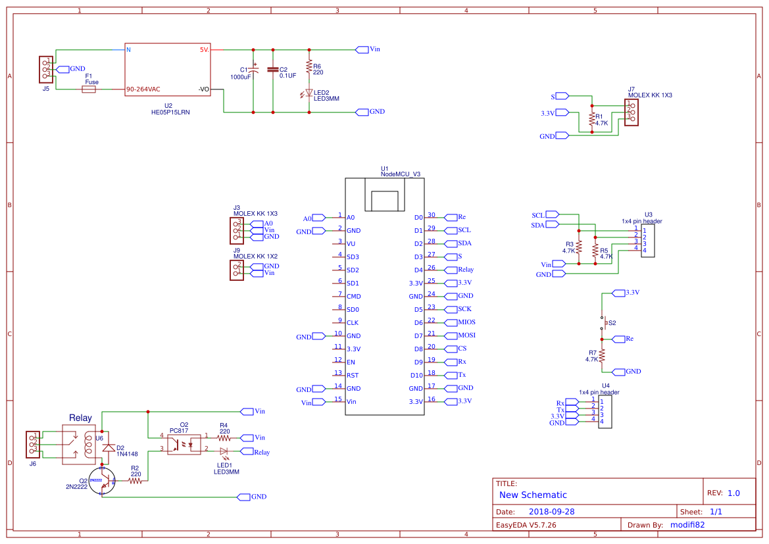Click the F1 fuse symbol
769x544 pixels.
pyautogui.click(x=89, y=89)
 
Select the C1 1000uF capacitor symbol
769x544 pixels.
pyautogui.click(x=254, y=70)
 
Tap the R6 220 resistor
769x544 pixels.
pyautogui.click(x=309, y=66)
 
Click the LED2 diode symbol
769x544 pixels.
pyautogui.click(x=309, y=93)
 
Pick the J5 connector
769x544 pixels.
pyautogui.click(x=46, y=69)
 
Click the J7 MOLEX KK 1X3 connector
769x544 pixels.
pyautogui.click(x=631, y=112)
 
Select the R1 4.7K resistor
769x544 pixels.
pyautogui.click(x=592, y=119)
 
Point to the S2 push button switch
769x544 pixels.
pyautogui.click(x=601, y=322)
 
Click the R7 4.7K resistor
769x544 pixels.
pyautogui.click(x=601, y=356)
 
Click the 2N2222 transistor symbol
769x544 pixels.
pyautogui.click(x=102, y=480)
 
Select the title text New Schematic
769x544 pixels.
pyautogui.click(x=533, y=495)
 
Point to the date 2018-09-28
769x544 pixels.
pyautogui.click(x=551, y=511)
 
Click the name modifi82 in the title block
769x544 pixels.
pyautogui.click(x=687, y=524)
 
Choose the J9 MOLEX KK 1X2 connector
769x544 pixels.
pyautogui.click(x=236, y=270)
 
